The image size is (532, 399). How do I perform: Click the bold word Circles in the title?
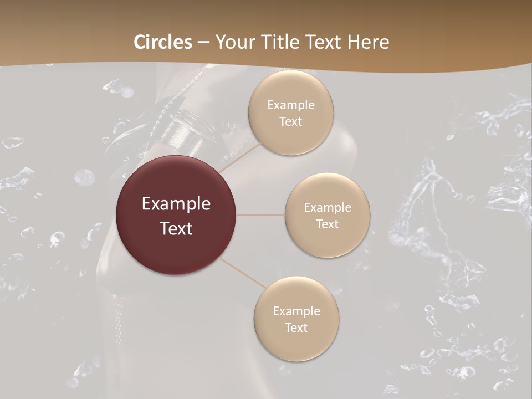163,42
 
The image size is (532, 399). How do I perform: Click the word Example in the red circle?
176,204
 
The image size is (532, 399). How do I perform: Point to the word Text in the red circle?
176,228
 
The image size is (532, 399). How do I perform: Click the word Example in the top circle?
291,105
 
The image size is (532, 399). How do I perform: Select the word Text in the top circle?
291,122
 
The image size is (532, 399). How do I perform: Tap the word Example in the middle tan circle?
328,208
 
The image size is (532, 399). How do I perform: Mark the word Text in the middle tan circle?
328,224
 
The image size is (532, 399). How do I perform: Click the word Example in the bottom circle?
296,311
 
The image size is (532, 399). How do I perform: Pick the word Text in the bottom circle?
296,328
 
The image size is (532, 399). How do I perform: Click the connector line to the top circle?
241,156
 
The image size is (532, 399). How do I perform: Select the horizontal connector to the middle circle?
260,215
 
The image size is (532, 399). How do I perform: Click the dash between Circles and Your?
203,42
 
